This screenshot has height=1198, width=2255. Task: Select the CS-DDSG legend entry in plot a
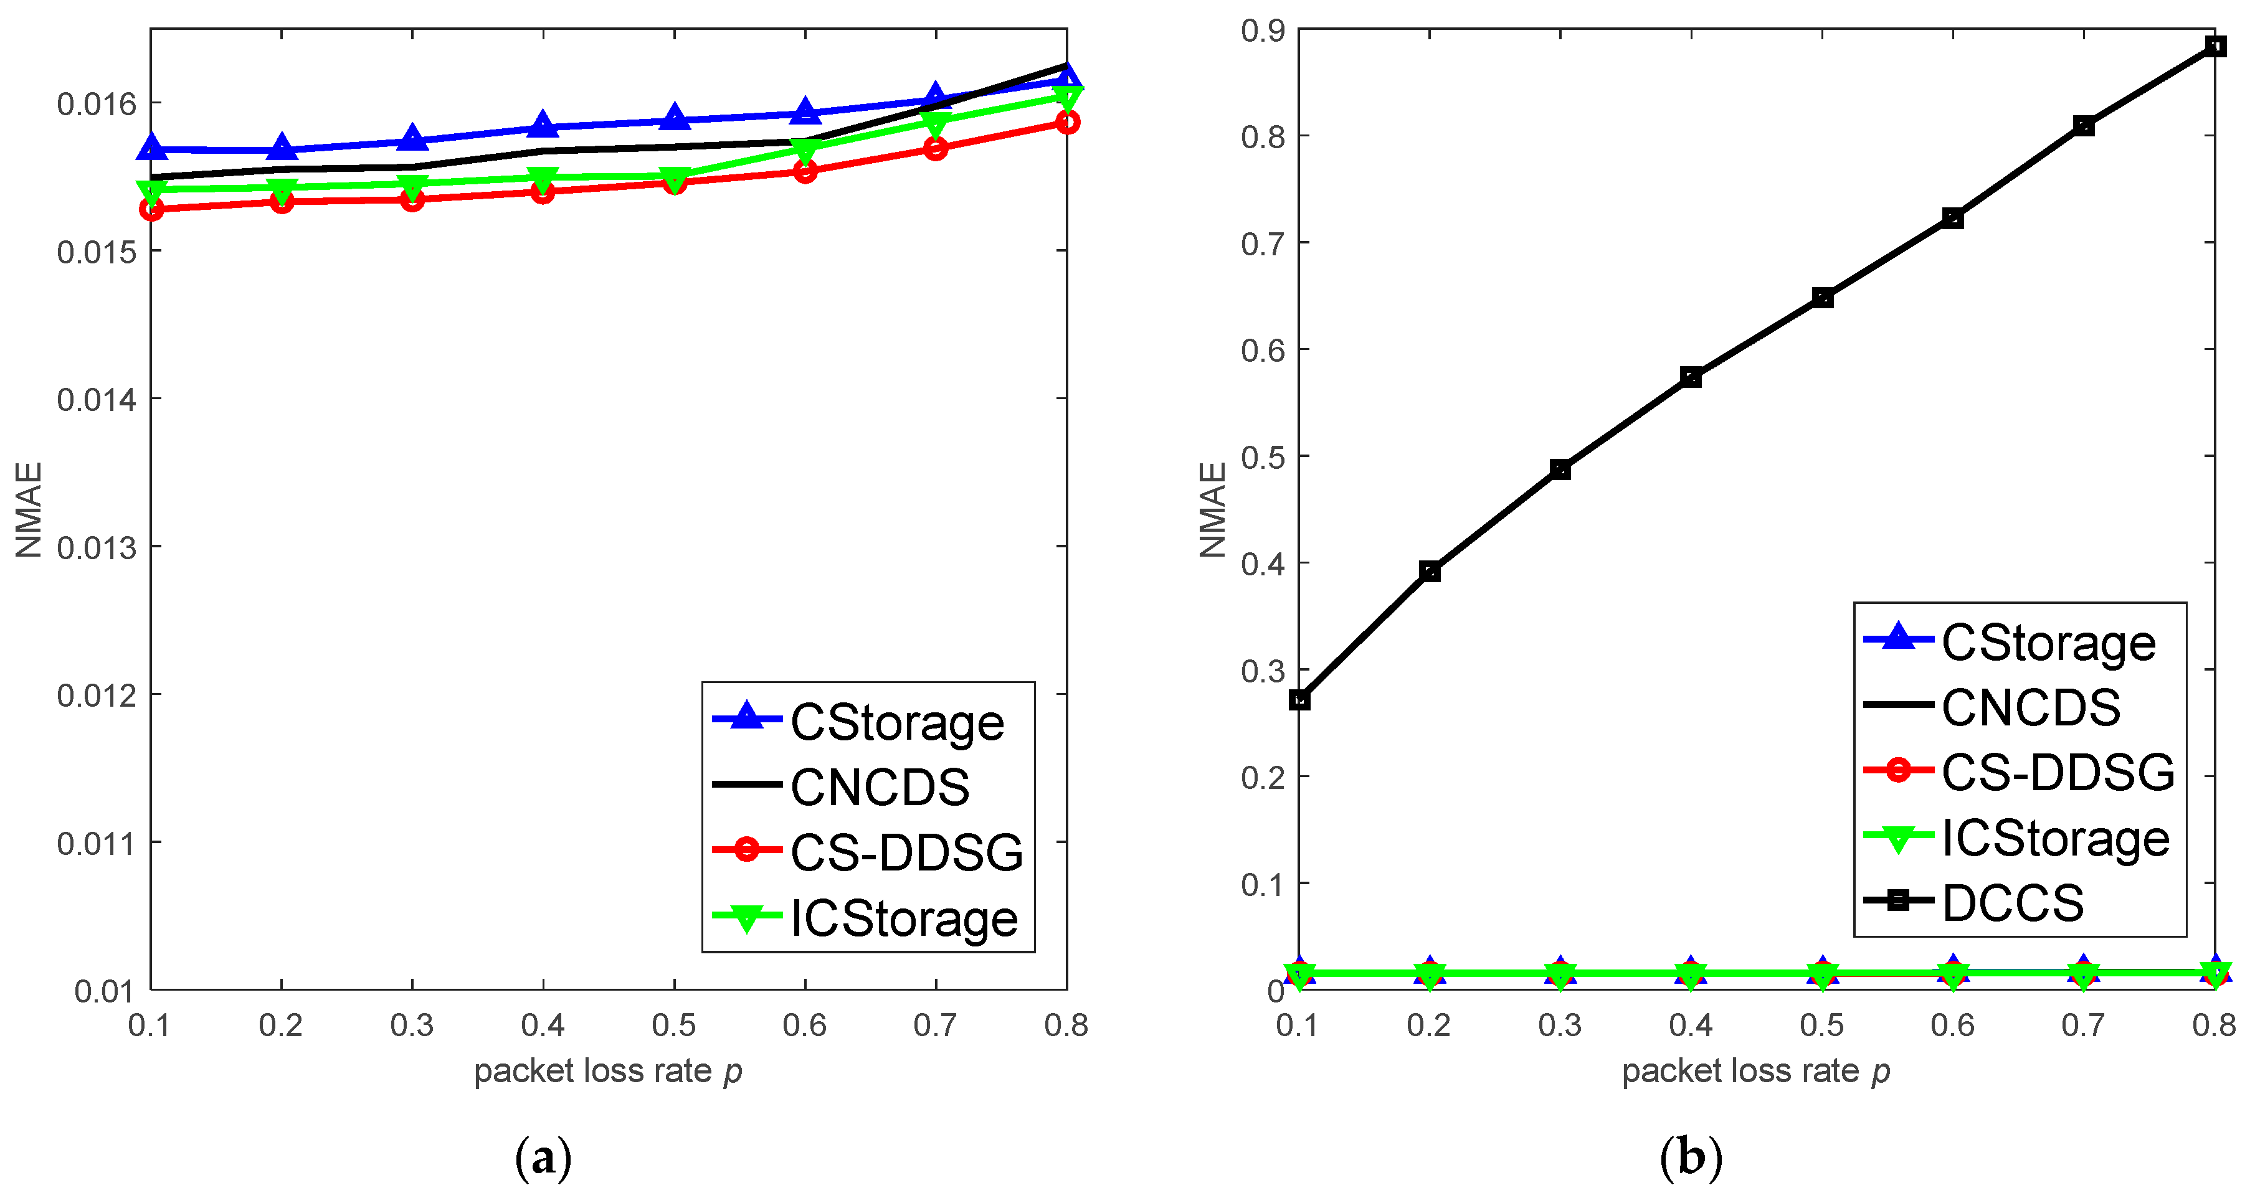(x=906, y=851)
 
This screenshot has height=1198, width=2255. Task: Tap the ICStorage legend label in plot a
(x=904, y=918)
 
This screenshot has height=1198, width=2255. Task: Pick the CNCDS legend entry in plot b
(x=2030, y=707)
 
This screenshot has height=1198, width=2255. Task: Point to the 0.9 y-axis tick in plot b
(x=1262, y=31)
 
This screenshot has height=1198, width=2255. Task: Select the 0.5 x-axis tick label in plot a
(x=673, y=1025)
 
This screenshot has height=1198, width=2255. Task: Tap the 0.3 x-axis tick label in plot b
(x=1559, y=1025)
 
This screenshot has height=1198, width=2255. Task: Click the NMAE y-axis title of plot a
(x=29, y=509)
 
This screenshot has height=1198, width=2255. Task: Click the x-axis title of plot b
(x=1755, y=1071)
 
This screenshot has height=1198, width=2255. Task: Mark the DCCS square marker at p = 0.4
(x=1691, y=377)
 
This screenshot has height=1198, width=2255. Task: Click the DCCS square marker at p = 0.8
(x=2215, y=46)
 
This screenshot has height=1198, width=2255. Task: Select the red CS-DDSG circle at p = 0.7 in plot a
(x=936, y=149)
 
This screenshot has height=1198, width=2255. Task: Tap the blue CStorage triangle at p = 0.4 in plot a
(x=543, y=125)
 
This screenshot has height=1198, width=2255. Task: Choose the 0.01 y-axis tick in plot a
(x=103, y=991)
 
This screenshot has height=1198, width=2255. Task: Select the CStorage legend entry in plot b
(x=2048, y=643)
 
